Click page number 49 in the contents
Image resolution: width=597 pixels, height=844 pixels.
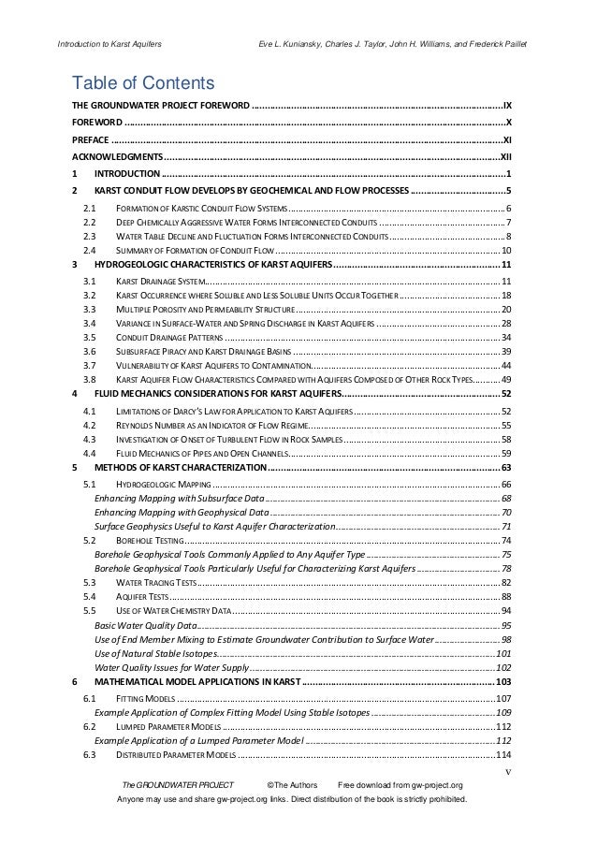tap(504, 379)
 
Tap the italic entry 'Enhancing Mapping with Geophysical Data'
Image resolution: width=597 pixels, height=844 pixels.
tap(182, 513)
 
